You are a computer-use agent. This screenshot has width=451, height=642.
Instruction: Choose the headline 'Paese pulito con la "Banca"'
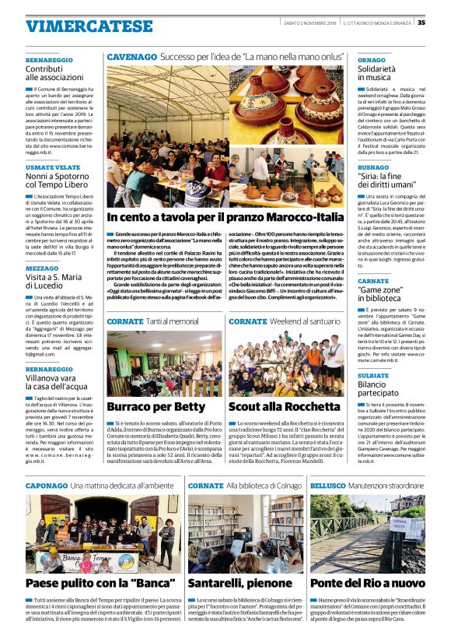coord(99,583)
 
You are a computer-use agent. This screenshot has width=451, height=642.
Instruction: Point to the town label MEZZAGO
coord(41,267)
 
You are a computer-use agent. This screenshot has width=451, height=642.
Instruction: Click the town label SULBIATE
coord(373,374)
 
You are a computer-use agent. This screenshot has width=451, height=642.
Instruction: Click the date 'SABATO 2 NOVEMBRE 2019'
coord(306,22)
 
